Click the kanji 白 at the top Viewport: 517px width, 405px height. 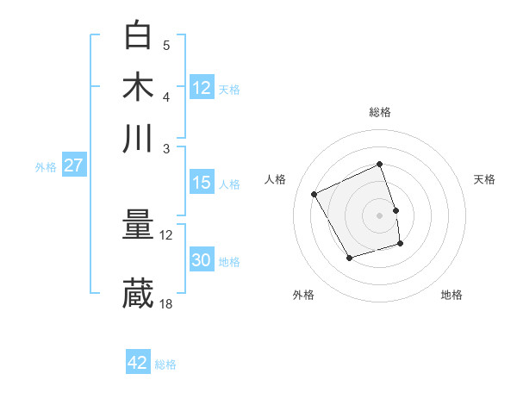(138, 36)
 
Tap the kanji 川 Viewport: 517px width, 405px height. (138, 138)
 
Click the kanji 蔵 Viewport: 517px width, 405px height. (138, 293)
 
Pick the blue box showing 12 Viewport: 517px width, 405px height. (202, 88)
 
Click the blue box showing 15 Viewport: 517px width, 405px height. (202, 183)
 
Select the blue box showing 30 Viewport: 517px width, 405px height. (202, 261)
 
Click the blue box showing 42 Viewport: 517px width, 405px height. (138, 363)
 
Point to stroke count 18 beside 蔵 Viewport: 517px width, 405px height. (166, 303)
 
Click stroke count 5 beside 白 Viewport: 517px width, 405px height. (166, 45)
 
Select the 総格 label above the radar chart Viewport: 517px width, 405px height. (380, 112)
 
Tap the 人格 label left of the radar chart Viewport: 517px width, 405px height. (276, 179)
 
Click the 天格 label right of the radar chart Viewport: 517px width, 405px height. (484, 179)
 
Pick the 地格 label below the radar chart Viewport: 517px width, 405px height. (452, 295)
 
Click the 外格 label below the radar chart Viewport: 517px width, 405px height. (303, 295)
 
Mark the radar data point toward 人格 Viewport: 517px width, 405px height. (315, 195)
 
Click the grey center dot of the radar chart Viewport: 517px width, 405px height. (380, 215)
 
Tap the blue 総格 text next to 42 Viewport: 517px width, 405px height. (165, 364)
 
